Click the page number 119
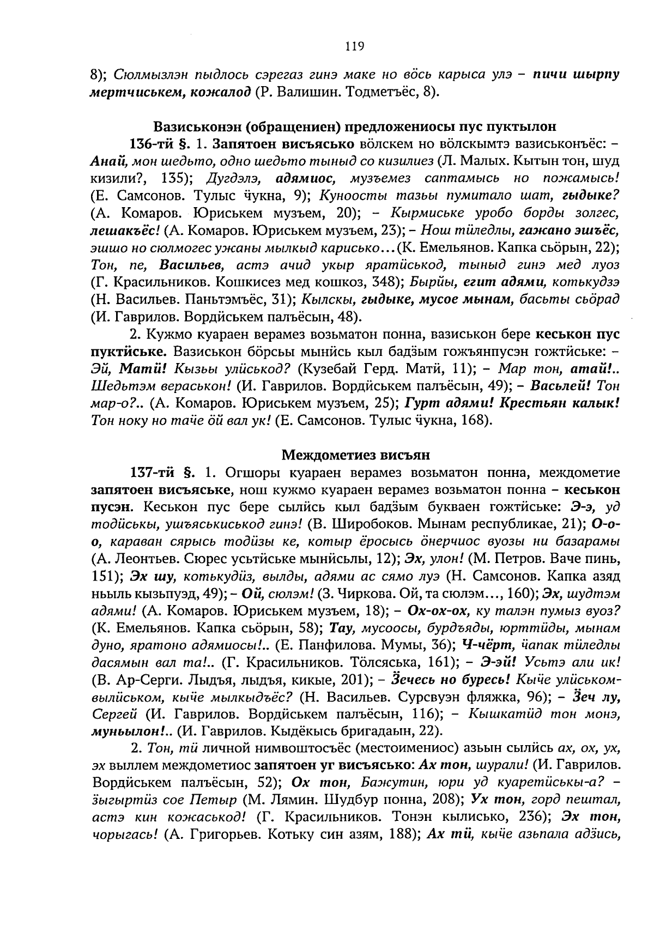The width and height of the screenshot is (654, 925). tap(354, 46)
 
